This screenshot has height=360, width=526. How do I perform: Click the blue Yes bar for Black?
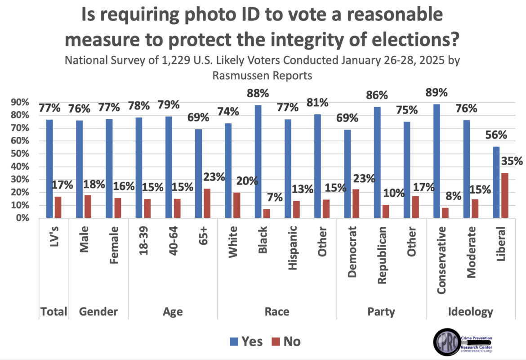coord(258,162)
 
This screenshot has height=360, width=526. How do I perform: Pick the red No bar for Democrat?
coord(355,204)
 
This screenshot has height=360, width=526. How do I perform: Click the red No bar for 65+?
coord(207,203)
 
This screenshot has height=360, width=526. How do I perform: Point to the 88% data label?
coord(258,94)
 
